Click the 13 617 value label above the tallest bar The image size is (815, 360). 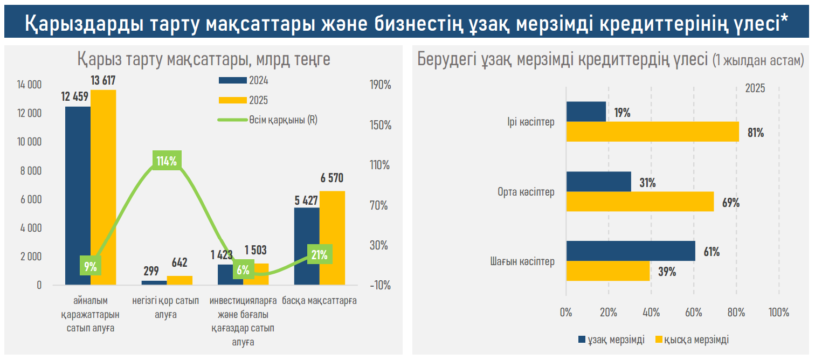coord(103,81)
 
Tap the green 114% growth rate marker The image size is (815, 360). coord(167,161)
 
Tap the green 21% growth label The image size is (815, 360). coord(320,255)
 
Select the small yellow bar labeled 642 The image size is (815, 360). coord(179,280)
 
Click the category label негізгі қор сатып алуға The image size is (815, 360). coord(165,307)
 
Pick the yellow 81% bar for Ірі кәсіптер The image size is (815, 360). coord(652,131)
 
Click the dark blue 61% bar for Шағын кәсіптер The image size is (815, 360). coord(631,251)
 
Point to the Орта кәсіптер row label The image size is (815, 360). coord(526,192)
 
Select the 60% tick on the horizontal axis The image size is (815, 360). coord(694,313)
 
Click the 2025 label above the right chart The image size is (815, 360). coord(755,88)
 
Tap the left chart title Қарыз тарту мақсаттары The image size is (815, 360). coord(203,59)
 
